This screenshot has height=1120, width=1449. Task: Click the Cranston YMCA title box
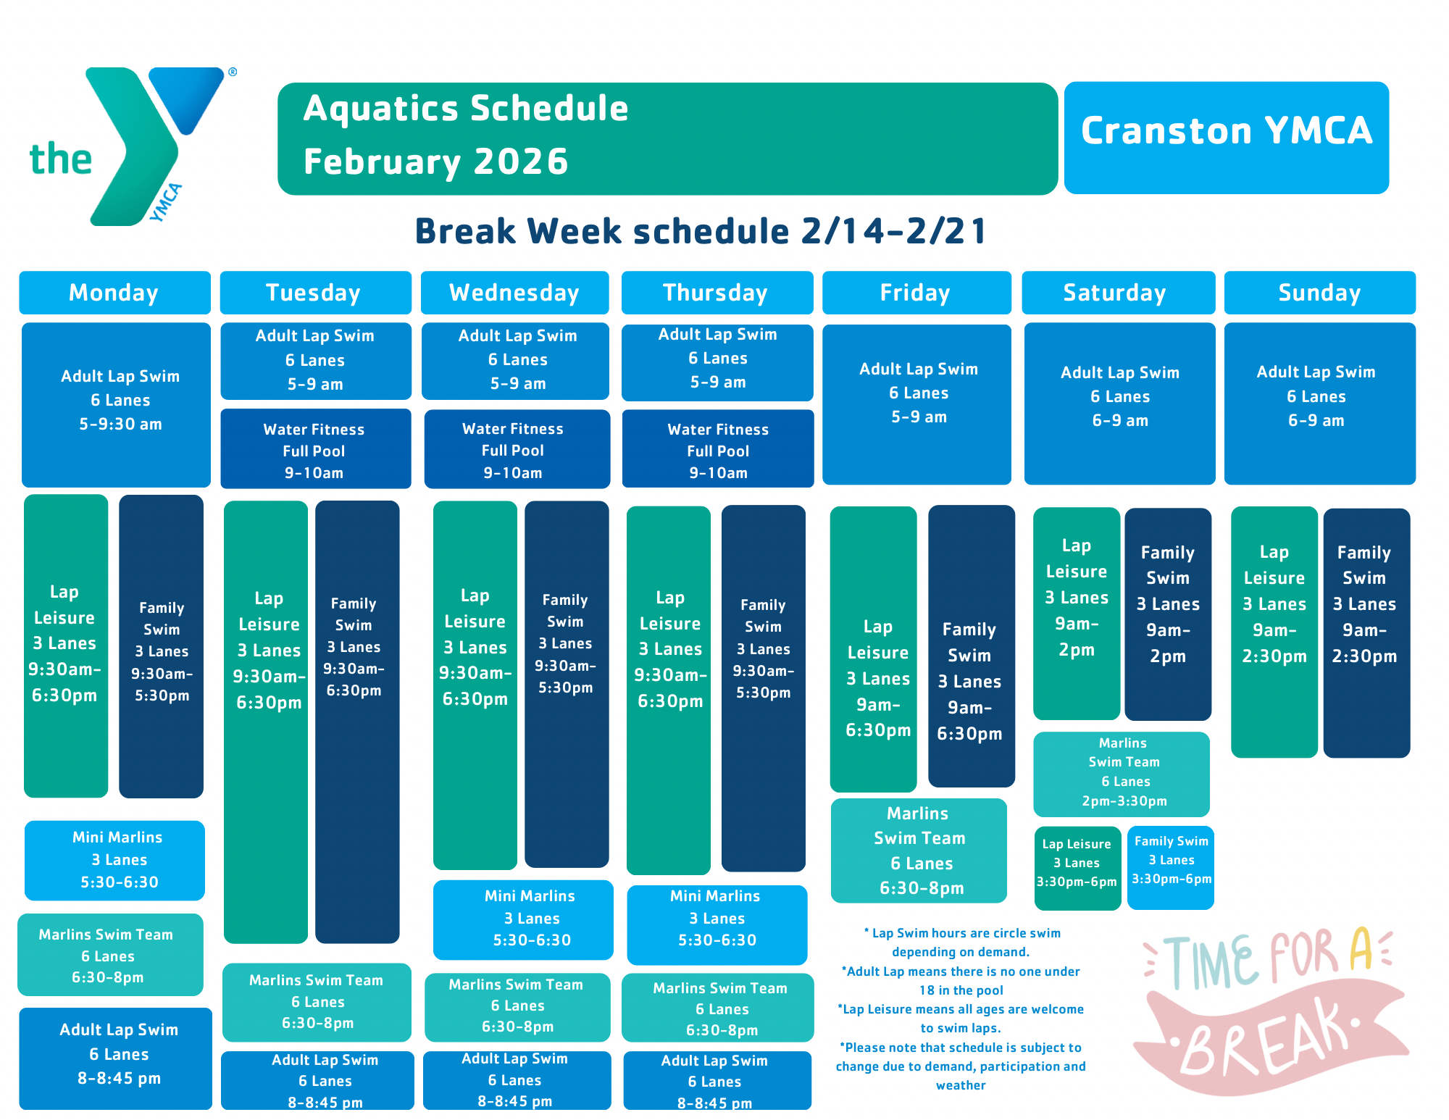[x=1226, y=138]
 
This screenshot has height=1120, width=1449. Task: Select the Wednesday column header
[x=514, y=293]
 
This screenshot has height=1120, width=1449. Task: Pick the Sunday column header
[x=1319, y=293]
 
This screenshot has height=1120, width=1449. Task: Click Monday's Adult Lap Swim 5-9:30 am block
[x=116, y=405]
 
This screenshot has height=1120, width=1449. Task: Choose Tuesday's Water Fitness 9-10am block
[x=315, y=449]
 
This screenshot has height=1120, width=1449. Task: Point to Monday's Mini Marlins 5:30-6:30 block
[x=114, y=860]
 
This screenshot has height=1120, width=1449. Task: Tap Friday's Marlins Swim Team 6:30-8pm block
[x=919, y=851]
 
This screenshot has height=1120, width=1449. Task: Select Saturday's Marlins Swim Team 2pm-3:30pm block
[x=1122, y=774]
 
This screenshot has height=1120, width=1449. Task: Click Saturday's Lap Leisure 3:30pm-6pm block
[x=1077, y=868]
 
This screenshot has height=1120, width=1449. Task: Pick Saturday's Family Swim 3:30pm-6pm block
[x=1171, y=867]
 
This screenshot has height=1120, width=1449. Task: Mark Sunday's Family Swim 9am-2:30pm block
[x=1366, y=633]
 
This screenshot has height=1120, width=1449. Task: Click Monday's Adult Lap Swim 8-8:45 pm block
[x=116, y=1058]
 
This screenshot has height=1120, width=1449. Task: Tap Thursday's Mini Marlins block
[x=717, y=924]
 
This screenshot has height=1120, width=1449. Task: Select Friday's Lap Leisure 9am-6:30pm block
[x=874, y=649]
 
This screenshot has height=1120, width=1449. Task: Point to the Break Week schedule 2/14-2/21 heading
[x=701, y=231]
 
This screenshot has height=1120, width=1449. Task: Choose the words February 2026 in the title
[x=435, y=162]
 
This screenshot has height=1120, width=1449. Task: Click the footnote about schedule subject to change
[x=961, y=1066]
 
